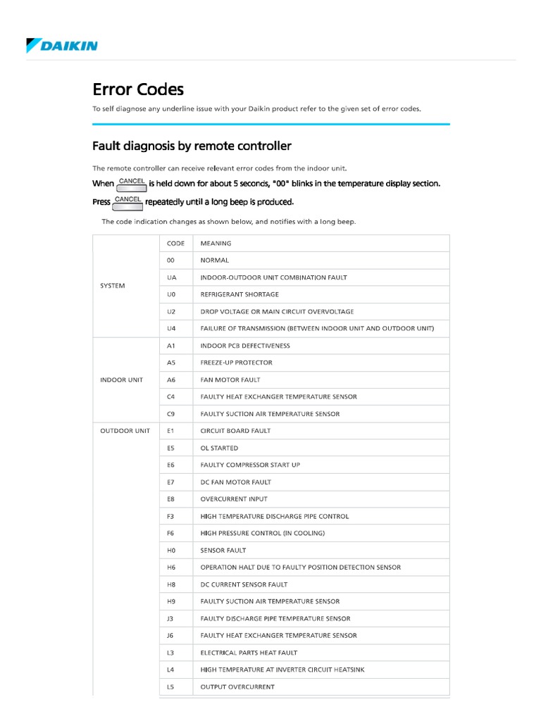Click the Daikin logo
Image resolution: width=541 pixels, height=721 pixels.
[x=62, y=46]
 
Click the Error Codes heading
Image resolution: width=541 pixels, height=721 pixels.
[x=138, y=89]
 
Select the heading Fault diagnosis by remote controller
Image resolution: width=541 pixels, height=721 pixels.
[x=192, y=146]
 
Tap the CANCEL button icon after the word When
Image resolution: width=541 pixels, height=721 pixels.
[x=132, y=184]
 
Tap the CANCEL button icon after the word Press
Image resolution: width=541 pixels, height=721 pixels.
[x=128, y=202]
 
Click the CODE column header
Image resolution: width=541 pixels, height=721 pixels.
[x=175, y=244]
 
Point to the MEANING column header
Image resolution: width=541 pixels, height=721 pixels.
[x=216, y=244]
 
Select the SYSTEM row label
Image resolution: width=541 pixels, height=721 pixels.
[x=113, y=286]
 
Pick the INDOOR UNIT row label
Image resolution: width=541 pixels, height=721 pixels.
[x=121, y=380]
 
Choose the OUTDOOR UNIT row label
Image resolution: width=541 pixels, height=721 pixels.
[x=125, y=431]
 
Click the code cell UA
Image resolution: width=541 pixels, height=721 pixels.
[x=171, y=277]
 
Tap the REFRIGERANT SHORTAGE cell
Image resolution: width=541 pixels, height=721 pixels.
[x=240, y=294]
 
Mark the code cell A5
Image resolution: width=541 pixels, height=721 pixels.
[x=171, y=363]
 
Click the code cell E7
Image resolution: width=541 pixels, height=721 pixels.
[x=171, y=482]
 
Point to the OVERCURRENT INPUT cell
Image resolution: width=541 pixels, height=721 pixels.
[x=234, y=499]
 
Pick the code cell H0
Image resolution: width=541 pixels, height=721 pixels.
[x=171, y=551]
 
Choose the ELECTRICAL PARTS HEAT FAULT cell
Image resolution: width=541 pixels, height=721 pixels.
[x=248, y=653]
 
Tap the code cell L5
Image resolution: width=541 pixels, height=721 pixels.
[x=171, y=686]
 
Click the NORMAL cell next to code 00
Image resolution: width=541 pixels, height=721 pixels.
[x=215, y=261]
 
